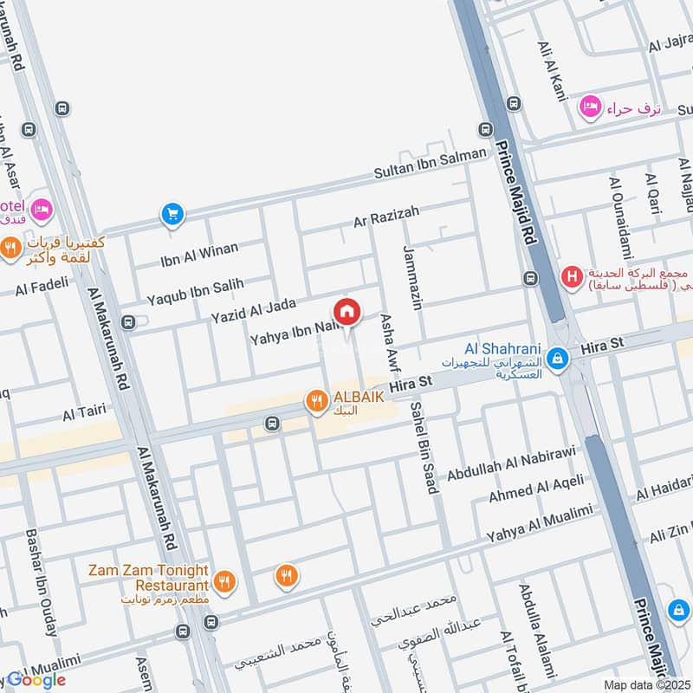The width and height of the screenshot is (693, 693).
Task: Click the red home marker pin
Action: pos(346,312)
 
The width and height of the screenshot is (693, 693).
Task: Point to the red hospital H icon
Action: pos(571,277)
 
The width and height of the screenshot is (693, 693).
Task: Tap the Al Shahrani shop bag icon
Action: pos(560,357)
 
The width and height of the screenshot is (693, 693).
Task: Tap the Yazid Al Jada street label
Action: pos(254,311)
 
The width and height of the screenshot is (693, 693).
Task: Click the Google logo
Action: pos(36,680)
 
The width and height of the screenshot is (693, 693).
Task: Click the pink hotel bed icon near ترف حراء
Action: pos(589,107)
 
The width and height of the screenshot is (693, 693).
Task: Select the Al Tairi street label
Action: pos(84,414)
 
